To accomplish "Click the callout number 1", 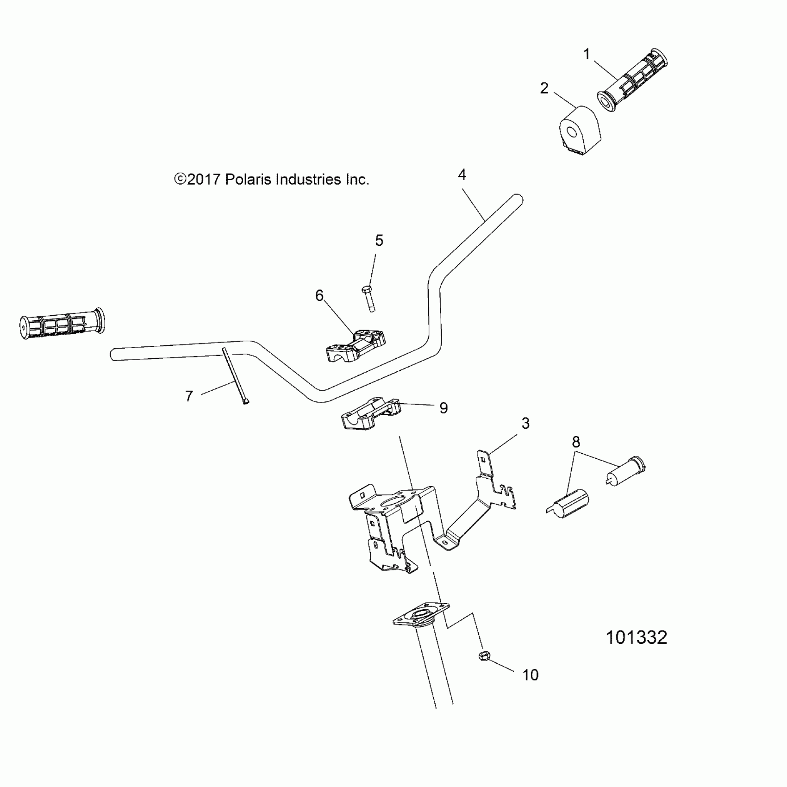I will (587, 54).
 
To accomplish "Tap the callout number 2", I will (544, 88).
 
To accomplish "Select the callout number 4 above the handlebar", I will (462, 175).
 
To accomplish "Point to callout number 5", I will (379, 240).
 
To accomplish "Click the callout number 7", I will (189, 396).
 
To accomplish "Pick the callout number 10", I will (531, 675).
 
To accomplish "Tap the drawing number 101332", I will (637, 637).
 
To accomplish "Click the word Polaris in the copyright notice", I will (249, 180).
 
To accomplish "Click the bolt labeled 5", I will (368, 299).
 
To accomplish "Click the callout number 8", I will (576, 442).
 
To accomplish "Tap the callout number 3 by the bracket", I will (525, 423).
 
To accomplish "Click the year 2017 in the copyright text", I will (204, 180).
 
